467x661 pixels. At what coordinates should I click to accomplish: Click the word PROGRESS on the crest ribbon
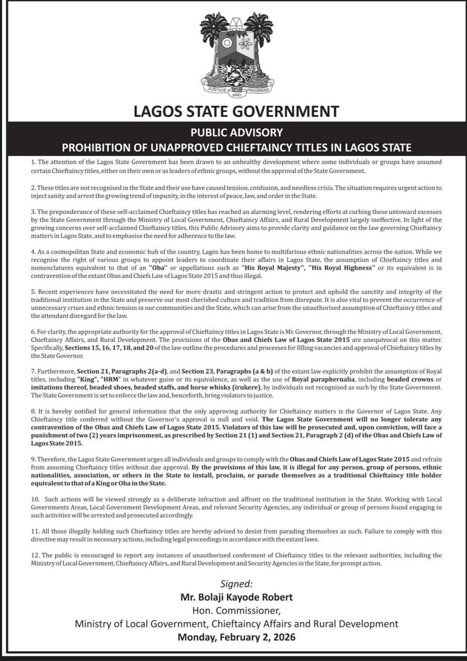pos(257,88)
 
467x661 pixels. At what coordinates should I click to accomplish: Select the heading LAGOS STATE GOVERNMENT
pos(236,111)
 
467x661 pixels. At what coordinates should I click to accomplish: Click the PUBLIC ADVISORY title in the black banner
pos(236,132)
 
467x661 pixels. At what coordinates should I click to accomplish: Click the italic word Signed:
pos(237,584)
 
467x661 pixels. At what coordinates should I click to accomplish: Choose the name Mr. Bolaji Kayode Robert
pos(237,597)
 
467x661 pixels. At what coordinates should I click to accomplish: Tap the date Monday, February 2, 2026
pos(237,637)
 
